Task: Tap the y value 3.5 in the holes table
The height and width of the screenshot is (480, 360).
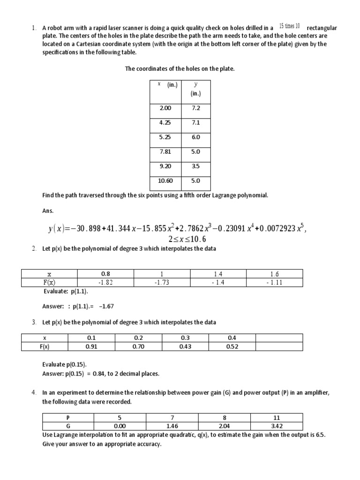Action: tap(195, 166)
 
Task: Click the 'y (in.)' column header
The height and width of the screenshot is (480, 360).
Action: tap(195, 89)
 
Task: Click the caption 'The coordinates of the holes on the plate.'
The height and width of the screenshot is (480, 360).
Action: tap(180, 69)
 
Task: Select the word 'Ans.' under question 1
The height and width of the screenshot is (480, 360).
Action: tap(48, 211)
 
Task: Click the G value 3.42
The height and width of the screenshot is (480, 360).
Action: tap(276, 426)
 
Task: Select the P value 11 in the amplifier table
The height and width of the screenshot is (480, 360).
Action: tap(276, 418)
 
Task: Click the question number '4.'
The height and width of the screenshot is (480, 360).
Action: tap(34, 392)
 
